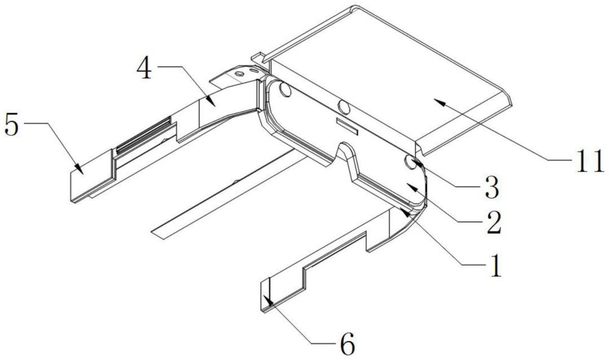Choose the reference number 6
coord(345,345)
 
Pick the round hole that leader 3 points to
coord(410,162)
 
